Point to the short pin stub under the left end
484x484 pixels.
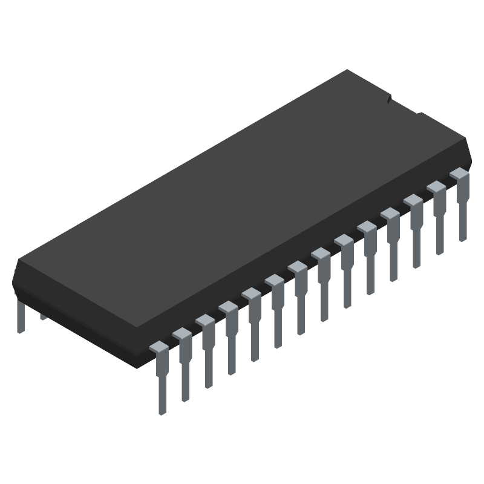(x=43, y=315)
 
